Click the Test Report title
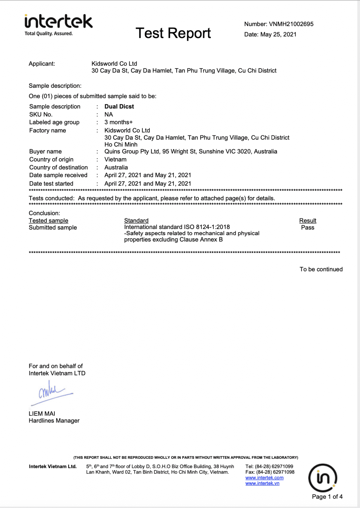(x=173, y=33)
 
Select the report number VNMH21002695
(x=291, y=24)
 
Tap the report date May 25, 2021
(x=278, y=34)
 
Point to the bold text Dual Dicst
(x=119, y=106)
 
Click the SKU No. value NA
(x=109, y=114)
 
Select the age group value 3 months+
(x=118, y=122)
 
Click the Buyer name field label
(x=46, y=151)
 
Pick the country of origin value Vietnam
(x=115, y=159)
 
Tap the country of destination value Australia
(x=116, y=167)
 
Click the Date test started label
(x=51, y=183)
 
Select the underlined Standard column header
(x=136, y=221)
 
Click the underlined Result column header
(x=308, y=221)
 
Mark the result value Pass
(x=308, y=227)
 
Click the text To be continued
(x=321, y=269)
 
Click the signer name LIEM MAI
(x=42, y=414)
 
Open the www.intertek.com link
(x=264, y=478)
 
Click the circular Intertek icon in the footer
(x=323, y=478)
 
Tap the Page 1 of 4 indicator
(x=327, y=497)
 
